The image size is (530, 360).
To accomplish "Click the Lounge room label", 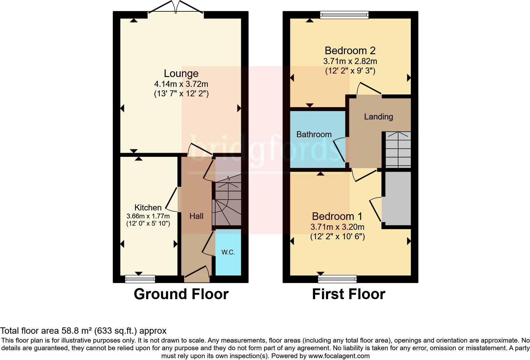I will click(181, 74).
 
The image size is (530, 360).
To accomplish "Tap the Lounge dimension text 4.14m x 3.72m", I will click(181, 84).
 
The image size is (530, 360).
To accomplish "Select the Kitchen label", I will click(148, 208).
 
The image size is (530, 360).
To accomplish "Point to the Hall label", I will click(196, 216).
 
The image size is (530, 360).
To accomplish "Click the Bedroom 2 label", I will click(350, 51).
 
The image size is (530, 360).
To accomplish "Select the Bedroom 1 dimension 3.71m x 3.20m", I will click(337, 227).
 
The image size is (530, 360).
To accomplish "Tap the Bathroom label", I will click(314, 134).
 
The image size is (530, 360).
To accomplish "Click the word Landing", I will click(378, 117).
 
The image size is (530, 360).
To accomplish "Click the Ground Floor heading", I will click(181, 294).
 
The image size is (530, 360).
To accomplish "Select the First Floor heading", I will click(348, 294).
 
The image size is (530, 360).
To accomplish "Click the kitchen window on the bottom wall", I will click(140, 279).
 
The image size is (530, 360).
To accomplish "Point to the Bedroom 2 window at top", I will click(345, 15).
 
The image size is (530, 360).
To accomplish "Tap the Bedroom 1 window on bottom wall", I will click(337, 279).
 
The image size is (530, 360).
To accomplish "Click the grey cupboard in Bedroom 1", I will click(396, 198).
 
